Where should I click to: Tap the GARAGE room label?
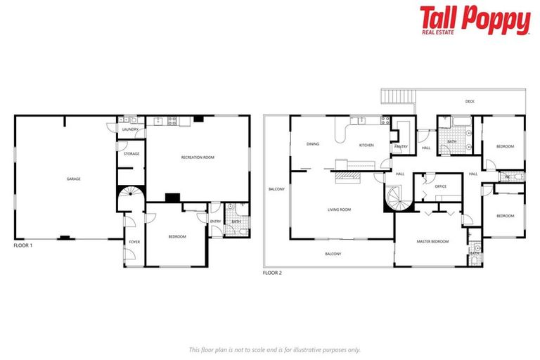click(x=73, y=179)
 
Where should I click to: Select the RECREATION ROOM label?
click(x=197, y=157)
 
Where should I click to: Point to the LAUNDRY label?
click(x=130, y=129)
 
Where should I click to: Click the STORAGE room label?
click(x=131, y=153)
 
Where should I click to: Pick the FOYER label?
click(x=134, y=242)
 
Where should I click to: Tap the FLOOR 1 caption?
click(x=24, y=246)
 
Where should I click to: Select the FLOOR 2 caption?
click(x=272, y=272)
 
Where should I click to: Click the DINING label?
click(x=313, y=144)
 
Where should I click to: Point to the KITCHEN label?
click(x=366, y=145)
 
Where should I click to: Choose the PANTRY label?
click(x=401, y=146)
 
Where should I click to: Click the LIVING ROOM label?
click(x=339, y=210)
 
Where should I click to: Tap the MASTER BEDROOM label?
click(x=432, y=241)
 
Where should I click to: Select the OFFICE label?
click(x=441, y=186)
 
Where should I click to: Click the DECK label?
click(x=470, y=101)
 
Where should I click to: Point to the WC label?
click(x=506, y=176)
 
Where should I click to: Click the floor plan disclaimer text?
click(x=274, y=349)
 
